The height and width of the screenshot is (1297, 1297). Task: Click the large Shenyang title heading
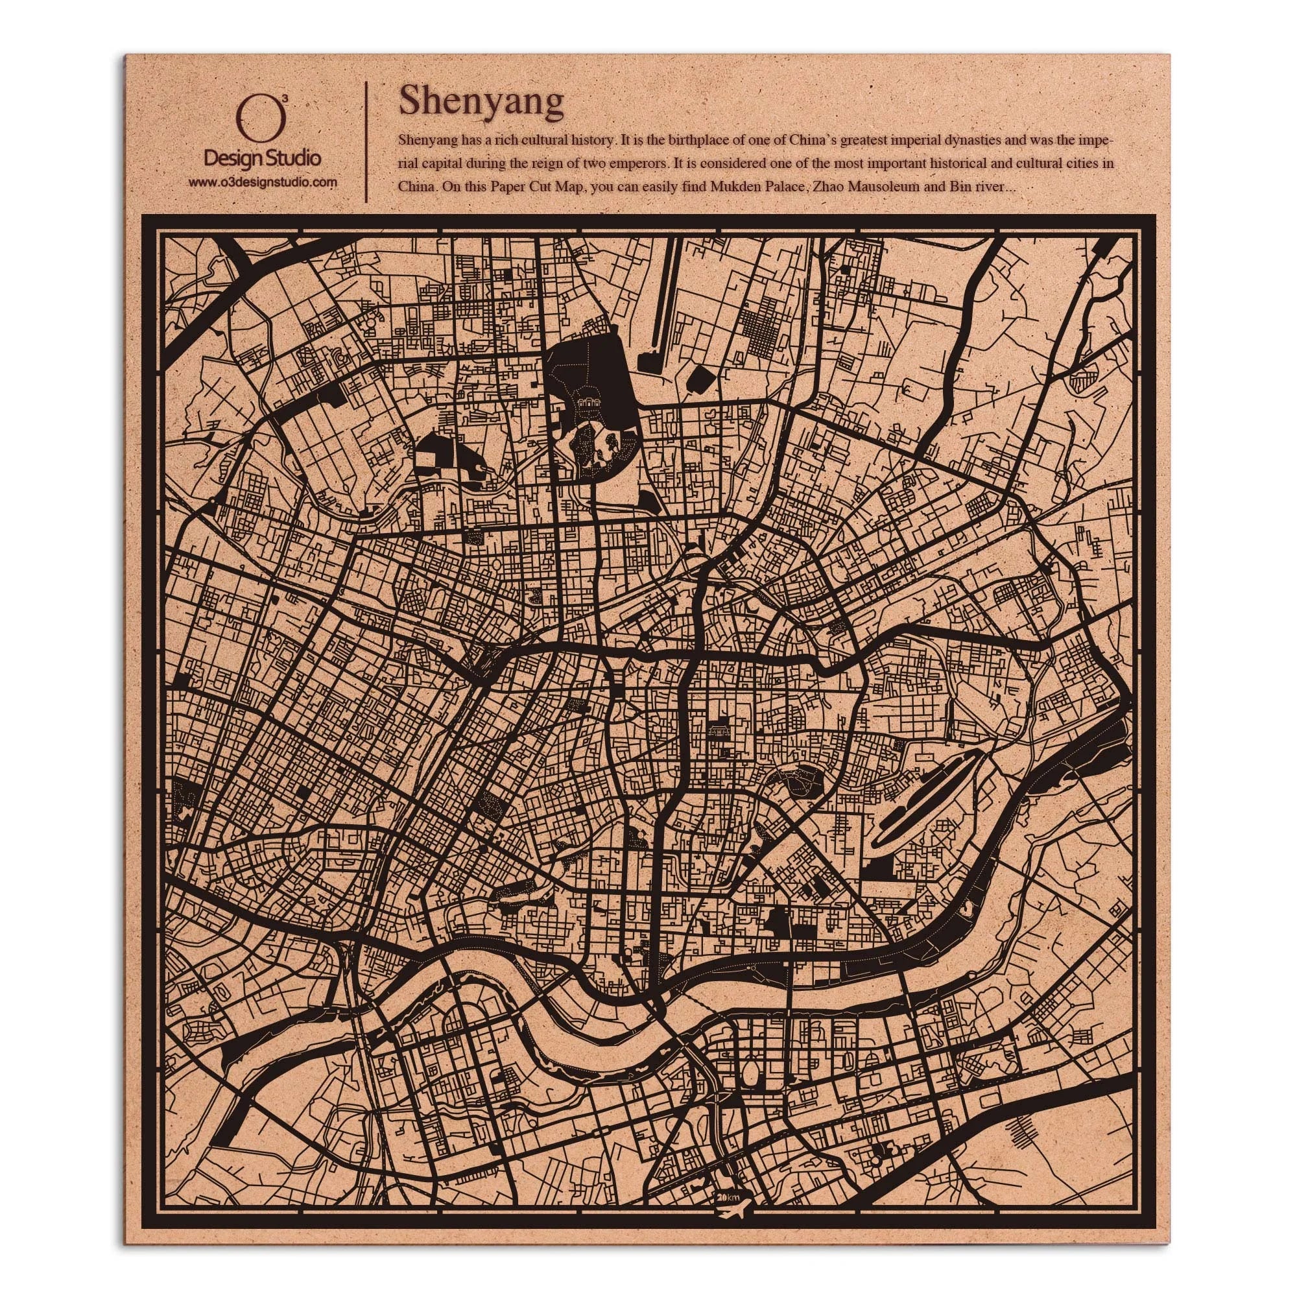(481, 102)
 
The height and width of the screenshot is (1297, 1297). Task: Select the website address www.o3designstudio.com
(262, 182)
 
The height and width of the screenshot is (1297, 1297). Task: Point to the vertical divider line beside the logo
(365, 141)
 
